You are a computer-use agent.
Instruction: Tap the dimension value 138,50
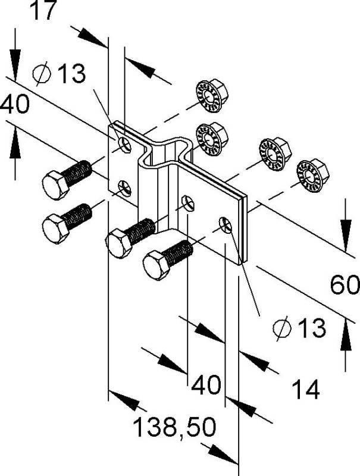click(x=173, y=427)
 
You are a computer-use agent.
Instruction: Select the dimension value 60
click(x=345, y=287)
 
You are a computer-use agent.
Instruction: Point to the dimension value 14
click(x=306, y=390)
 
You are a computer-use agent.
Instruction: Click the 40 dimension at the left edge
click(x=14, y=105)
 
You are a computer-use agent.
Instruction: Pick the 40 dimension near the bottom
click(x=206, y=384)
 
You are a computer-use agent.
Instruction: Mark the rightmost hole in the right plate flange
click(x=224, y=224)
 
